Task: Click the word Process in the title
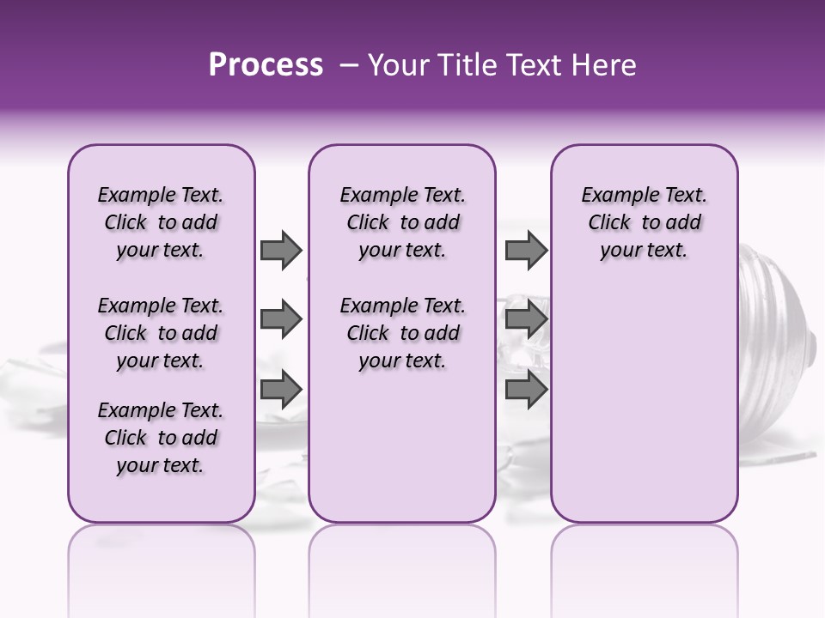[x=266, y=65]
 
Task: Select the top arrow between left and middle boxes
[x=281, y=250]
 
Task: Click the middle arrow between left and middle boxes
[x=281, y=320]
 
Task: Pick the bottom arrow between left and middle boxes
[x=281, y=390]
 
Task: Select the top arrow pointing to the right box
[x=526, y=250]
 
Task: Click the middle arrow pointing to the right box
[x=526, y=320]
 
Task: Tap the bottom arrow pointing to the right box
[x=526, y=390]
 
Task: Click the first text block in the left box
[x=161, y=222]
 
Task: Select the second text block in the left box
[x=161, y=333]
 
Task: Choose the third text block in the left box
[x=161, y=438]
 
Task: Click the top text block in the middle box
[x=402, y=222]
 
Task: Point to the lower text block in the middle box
[x=402, y=333]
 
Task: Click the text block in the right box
[x=644, y=222]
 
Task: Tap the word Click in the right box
[x=609, y=222]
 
